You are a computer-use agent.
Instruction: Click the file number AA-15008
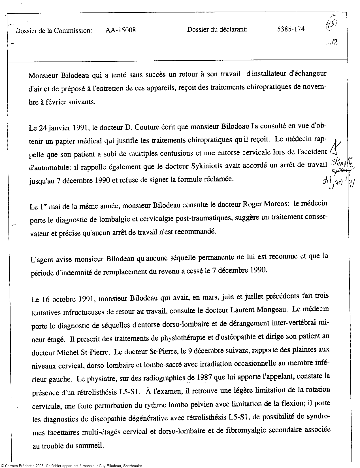pyautogui.click(x=120, y=30)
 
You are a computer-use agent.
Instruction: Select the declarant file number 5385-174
pyautogui.click(x=291, y=29)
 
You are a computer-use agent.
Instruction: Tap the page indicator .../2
pyautogui.click(x=332, y=43)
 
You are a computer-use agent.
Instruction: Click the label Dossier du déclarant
pyautogui.click(x=217, y=29)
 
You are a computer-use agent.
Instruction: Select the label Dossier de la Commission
pyautogui.click(x=54, y=30)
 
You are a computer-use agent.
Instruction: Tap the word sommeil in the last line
pyautogui.click(x=90, y=446)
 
